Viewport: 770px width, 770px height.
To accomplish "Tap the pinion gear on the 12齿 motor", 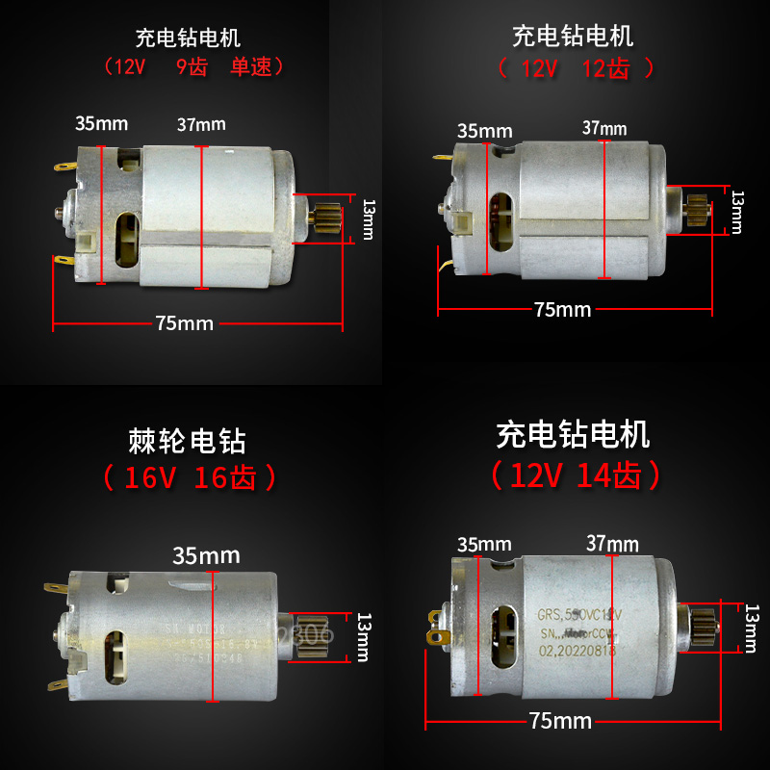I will [x=698, y=208].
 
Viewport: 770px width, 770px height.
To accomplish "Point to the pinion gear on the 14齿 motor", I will [x=699, y=625].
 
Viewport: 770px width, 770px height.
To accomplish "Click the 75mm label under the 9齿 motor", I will [x=184, y=323].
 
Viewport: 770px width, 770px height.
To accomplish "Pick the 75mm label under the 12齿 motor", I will [x=562, y=309].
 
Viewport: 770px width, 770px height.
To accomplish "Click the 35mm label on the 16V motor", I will [x=206, y=555].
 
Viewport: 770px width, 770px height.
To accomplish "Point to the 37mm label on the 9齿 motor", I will [x=201, y=124].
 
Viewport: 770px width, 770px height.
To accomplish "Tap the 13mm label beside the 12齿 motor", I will [x=737, y=211].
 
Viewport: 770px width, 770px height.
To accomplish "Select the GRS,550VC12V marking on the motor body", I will [x=579, y=613].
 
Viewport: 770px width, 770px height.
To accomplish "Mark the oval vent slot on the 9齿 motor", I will [x=126, y=241].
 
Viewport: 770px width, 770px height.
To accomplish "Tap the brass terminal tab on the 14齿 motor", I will [x=442, y=635].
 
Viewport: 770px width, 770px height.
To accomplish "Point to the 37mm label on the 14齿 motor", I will [x=612, y=544].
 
